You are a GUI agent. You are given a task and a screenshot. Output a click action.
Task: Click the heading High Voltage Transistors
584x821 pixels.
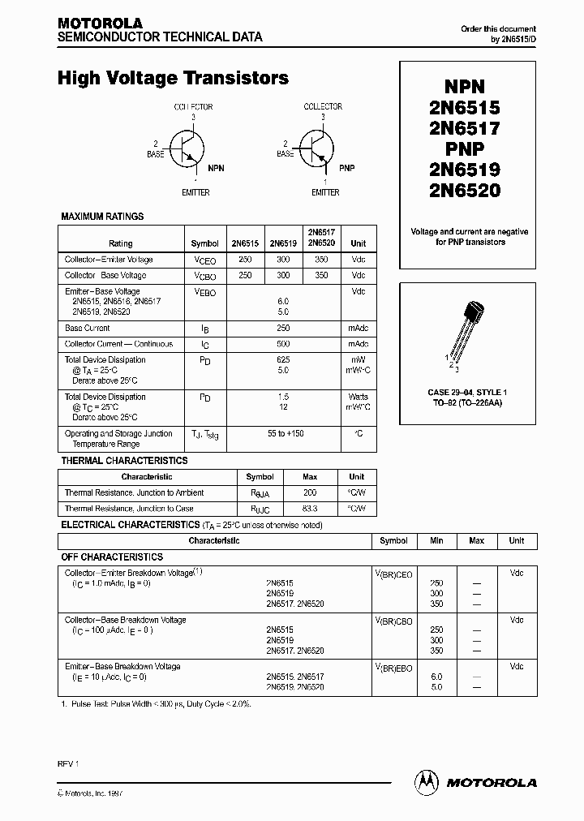(x=173, y=78)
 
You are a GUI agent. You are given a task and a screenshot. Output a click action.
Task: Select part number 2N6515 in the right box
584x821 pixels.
(x=466, y=107)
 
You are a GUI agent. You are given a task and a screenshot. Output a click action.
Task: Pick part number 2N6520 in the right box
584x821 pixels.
(x=466, y=191)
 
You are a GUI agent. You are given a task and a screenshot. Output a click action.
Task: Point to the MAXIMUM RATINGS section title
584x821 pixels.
(x=103, y=217)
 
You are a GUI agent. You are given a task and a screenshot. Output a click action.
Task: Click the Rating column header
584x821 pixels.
(x=120, y=243)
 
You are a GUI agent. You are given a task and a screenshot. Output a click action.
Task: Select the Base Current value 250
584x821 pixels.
(x=282, y=329)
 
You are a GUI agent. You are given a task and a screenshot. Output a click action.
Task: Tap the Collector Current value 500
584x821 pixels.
(x=282, y=344)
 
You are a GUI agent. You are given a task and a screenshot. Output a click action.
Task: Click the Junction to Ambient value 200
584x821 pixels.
(x=309, y=492)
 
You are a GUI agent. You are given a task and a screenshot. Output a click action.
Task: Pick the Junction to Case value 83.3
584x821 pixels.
(x=309, y=509)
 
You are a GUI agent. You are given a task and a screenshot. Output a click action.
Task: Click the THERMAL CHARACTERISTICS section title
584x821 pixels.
(x=124, y=461)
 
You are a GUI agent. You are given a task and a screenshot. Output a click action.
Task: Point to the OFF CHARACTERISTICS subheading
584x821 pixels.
(x=112, y=557)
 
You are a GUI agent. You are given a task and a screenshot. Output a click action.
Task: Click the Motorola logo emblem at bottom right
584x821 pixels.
(x=425, y=782)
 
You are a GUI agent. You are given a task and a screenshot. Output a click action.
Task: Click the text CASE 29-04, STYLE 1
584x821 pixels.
(x=466, y=393)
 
